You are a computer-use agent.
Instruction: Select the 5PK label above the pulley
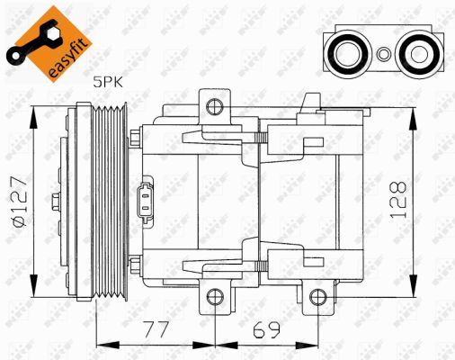[x=108, y=82]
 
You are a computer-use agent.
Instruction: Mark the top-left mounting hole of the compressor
[x=213, y=107]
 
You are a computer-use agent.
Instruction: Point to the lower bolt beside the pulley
[x=133, y=264]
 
